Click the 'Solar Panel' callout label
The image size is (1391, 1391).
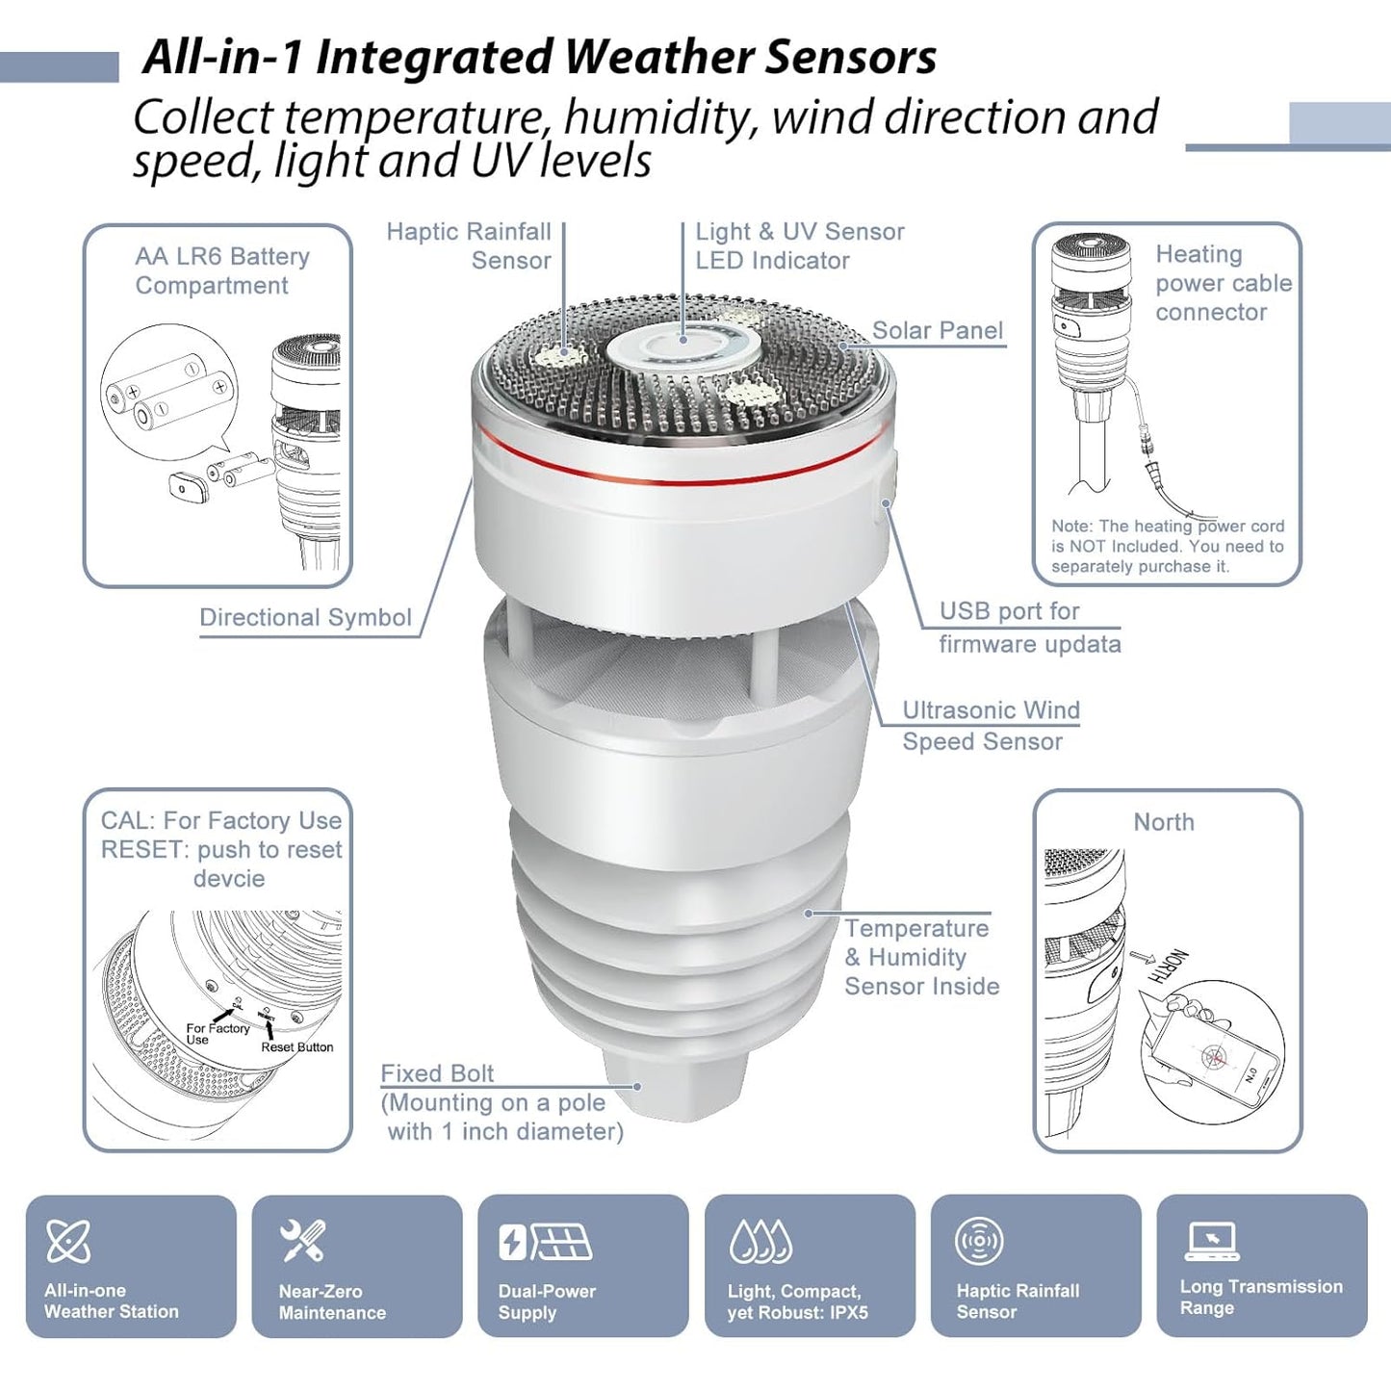coord(937,330)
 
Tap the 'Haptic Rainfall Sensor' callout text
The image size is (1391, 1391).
coord(469,245)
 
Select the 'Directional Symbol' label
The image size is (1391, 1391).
coord(305,617)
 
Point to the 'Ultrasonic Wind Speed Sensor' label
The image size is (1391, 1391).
coord(990,726)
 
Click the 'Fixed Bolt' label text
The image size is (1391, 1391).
coord(437,1073)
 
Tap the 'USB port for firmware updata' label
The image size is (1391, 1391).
coord(1029,628)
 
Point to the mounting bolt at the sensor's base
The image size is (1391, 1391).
coord(676,1083)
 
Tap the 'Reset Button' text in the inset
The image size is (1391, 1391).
coord(296,1047)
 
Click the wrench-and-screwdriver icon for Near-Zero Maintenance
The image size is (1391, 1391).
coord(302,1240)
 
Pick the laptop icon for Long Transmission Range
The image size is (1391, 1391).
coord(1212,1240)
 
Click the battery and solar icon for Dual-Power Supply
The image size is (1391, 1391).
coord(545,1241)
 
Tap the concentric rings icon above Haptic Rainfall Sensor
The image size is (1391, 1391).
coord(979,1240)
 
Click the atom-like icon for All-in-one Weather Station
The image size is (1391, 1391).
coord(68,1240)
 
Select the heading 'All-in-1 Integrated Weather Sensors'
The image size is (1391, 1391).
coord(539,57)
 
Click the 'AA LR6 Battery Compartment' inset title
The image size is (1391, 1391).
coord(221,270)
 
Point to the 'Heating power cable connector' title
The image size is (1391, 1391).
coord(1223,283)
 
